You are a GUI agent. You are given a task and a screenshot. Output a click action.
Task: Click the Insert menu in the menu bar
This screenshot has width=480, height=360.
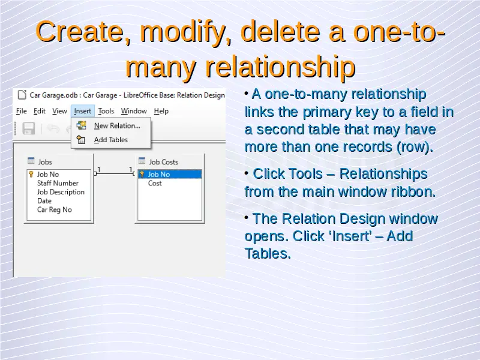(x=83, y=111)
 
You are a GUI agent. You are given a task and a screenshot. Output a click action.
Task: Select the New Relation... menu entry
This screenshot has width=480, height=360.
(x=117, y=126)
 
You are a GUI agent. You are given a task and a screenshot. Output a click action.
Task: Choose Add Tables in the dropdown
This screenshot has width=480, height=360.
(x=110, y=140)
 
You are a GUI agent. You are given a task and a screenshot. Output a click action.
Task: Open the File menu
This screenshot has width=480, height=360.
(x=22, y=111)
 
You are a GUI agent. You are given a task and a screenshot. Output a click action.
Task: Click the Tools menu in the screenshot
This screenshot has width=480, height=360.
(x=106, y=111)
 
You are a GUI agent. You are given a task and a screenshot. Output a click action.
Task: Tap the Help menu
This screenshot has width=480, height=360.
(x=161, y=111)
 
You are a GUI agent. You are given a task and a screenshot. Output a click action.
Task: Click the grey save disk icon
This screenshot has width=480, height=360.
(x=29, y=128)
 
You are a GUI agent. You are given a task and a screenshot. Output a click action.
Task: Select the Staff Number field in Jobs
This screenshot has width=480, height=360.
(x=58, y=183)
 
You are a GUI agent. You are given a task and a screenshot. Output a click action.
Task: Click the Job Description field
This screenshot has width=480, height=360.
(x=61, y=192)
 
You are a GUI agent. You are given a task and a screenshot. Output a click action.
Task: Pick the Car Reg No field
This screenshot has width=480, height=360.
(x=55, y=209)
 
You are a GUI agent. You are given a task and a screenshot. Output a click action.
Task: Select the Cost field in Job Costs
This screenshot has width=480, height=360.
(x=155, y=184)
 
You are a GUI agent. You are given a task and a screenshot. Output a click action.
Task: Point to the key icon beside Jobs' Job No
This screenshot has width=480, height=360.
(x=31, y=174)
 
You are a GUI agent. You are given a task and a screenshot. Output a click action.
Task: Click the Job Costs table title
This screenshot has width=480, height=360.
(x=163, y=162)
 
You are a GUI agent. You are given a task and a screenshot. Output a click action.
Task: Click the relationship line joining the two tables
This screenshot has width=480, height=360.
(x=115, y=173)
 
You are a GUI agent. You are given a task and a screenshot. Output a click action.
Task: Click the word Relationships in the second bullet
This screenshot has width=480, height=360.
(x=383, y=174)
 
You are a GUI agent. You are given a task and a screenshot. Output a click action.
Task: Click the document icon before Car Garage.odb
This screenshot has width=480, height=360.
(x=22, y=95)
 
